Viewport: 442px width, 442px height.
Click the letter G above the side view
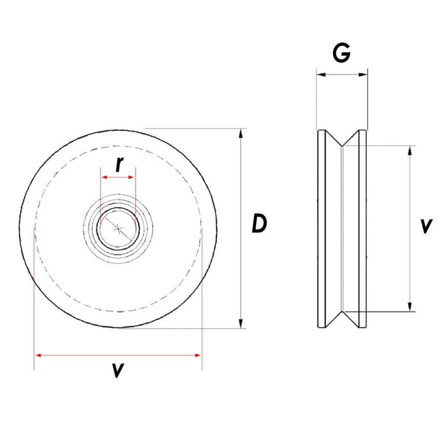click(x=341, y=54)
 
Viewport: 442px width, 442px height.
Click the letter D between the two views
click(x=259, y=224)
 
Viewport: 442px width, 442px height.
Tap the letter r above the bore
click(x=120, y=164)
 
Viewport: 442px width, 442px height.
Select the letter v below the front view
click(x=117, y=370)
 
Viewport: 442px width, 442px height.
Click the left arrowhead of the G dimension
click(x=320, y=75)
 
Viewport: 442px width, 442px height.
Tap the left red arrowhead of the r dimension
click(x=103, y=177)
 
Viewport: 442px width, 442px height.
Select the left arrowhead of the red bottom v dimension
click(x=38, y=355)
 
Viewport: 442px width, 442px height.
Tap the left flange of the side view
click(x=322, y=229)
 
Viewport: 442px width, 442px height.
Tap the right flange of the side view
click(x=363, y=229)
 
